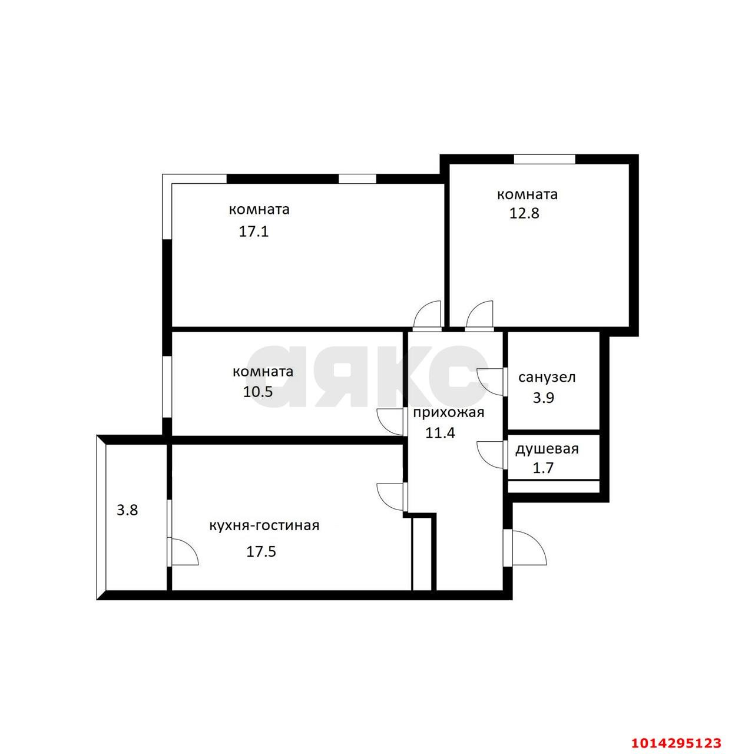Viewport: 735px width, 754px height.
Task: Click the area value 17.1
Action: click(253, 232)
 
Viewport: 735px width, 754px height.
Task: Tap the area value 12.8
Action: click(524, 213)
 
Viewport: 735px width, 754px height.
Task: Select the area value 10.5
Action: click(257, 392)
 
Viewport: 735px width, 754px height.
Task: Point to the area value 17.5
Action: click(261, 552)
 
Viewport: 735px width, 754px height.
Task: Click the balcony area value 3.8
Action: click(127, 510)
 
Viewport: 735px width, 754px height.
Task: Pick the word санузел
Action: click(547, 378)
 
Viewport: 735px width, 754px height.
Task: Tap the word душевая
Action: click(547, 449)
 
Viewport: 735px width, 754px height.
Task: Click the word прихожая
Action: click(448, 412)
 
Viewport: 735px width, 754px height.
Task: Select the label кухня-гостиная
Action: click(264, 525)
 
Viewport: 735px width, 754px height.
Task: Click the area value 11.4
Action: click(440, 434)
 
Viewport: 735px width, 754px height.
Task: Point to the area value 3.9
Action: click(543, 398)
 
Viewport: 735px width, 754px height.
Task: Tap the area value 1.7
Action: click(543, 468)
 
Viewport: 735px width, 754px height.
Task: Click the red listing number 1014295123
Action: click(677, 742)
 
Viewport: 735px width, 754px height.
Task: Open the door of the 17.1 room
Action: click(427, 315)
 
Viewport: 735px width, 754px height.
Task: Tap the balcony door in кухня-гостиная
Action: click(183, 552)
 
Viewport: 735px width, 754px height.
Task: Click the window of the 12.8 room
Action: click(544, 159)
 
